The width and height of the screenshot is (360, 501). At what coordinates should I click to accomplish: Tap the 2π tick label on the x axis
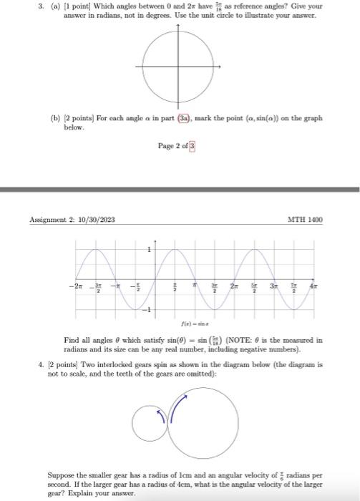234,284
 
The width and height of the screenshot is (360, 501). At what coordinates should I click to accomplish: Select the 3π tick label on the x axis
273,284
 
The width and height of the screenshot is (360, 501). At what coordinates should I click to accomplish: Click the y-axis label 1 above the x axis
150,249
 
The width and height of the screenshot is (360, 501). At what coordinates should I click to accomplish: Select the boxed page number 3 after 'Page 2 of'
191,146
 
